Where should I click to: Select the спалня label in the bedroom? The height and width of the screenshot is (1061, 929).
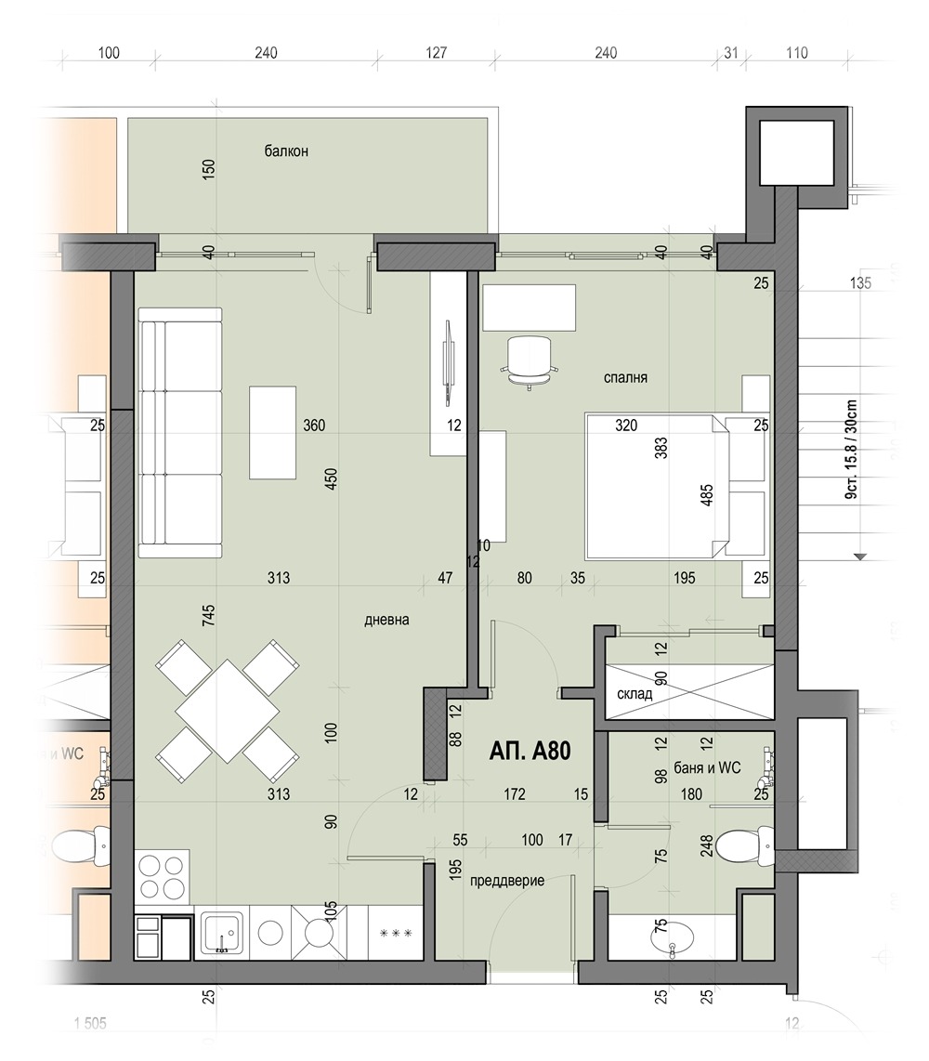(624, 378)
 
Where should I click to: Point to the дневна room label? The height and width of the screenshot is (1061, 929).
(387, 620)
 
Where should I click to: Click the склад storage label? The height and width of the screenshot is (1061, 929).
(634, 694)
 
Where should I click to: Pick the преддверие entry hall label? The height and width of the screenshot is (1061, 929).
(507, 881)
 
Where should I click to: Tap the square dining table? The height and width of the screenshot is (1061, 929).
(228, 711)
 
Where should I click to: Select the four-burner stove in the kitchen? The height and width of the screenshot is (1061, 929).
(163, 876)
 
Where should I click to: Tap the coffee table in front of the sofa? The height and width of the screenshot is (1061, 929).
(273, 432)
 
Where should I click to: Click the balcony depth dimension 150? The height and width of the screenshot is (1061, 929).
(208, 168)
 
